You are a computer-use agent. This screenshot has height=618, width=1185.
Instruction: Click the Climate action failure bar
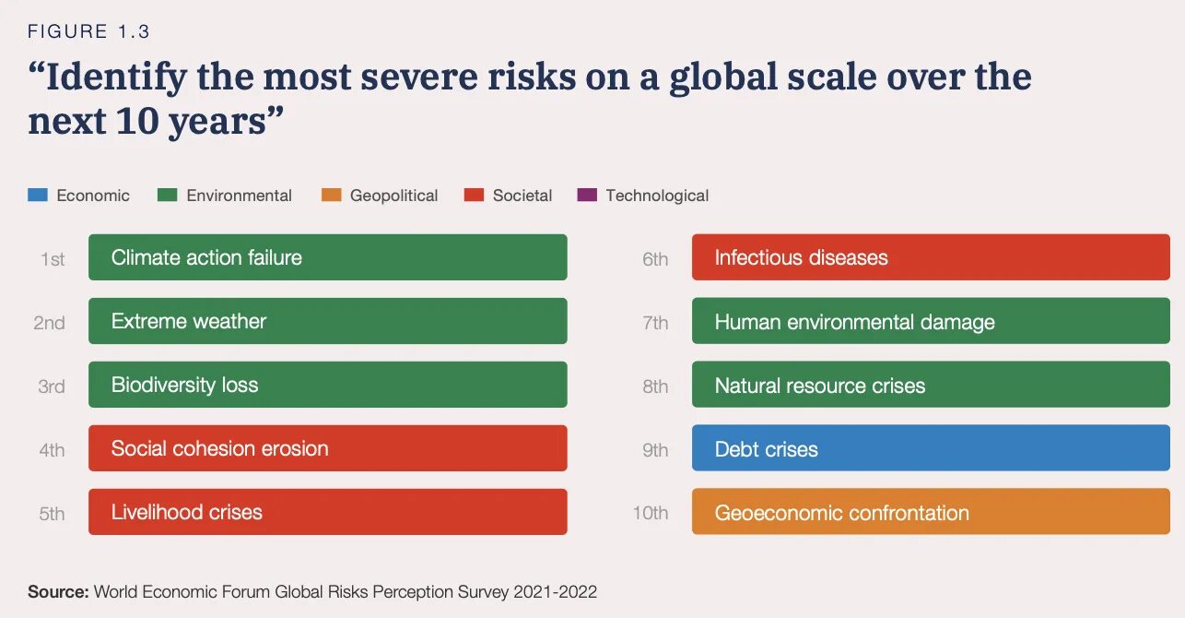[x=327, y=257]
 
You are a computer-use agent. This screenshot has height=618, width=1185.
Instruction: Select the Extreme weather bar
[x=327, y=321]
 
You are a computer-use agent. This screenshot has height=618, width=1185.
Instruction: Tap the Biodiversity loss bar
[x=327, y=385]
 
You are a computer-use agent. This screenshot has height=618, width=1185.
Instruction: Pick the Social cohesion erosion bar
[x=327, y=448]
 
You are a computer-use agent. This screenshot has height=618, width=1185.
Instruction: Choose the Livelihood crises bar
[x=327, y=512]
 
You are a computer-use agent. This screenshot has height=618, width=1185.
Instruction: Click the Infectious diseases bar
[x=931, y=257]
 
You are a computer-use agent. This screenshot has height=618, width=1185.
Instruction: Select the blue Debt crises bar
[x=931, y=449]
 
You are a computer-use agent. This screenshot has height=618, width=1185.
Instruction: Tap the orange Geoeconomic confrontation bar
[x=931, y=513]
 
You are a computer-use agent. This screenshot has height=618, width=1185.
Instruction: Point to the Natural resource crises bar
[x=931, y=386]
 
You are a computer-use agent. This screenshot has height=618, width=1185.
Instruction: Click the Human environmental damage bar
[x=931, y=322]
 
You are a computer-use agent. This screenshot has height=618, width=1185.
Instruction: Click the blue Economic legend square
[x=38, y=196]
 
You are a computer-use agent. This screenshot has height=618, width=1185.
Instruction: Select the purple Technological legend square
[x=587, y=196]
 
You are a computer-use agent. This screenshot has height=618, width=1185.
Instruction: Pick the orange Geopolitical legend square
[x=332, y=196]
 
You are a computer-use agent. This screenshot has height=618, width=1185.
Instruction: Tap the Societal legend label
[x=522, y=196]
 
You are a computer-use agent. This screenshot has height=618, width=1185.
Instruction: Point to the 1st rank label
[x=53, y=259]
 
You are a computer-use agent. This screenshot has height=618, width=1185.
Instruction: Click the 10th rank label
[x=651, y=514]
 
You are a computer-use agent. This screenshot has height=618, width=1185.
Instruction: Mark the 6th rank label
[x=655, y=259]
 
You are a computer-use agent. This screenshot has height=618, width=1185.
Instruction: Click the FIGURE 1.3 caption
[x=88, y=31]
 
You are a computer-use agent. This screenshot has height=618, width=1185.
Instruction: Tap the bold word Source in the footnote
[x=58, y=592]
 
